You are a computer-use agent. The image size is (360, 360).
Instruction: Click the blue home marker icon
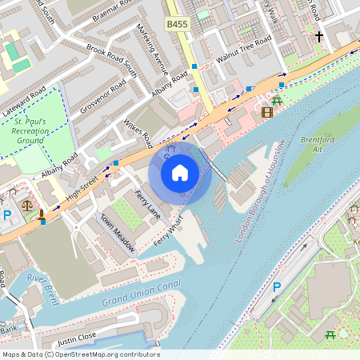[180, 171]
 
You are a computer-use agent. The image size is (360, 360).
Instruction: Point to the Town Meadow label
[116, 232]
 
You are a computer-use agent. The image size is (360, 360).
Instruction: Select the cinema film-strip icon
[266, 112]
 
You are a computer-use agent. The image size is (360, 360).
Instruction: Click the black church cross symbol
[318, 37]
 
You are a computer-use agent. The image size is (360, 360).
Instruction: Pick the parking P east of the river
[277, 287]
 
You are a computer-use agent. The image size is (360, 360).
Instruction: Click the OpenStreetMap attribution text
[80, 354]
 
